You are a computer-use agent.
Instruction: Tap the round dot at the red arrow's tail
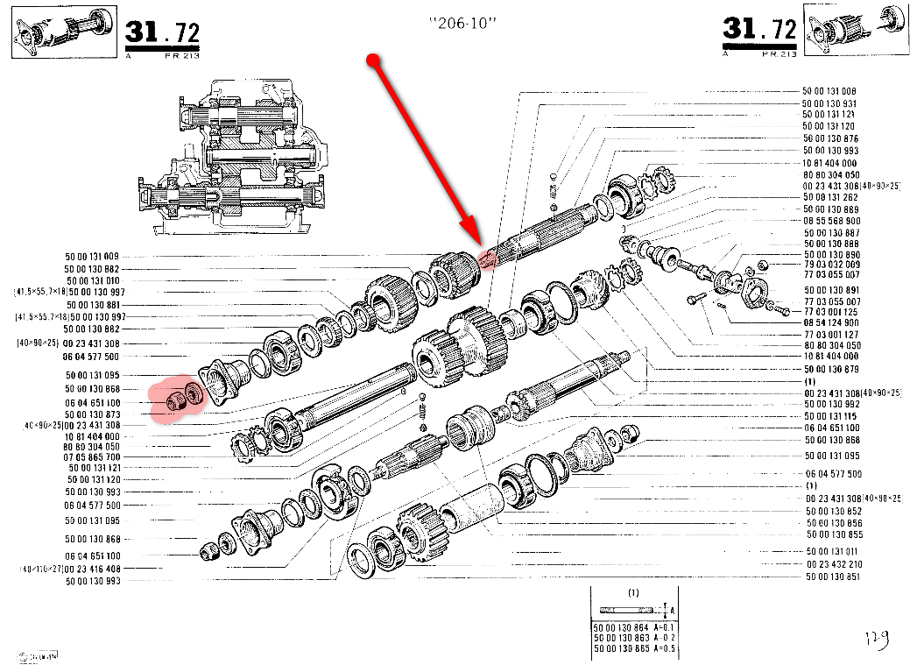[x=373, y=60]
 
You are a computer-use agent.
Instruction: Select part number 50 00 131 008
[x=829, y=91]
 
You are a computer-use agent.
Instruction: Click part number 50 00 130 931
[x=829, y=103]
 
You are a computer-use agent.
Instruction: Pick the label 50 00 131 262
[x=829, y=197]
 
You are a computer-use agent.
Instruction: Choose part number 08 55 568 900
[x=829, y=221]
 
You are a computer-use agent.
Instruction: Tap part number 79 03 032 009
[x=833, y=264]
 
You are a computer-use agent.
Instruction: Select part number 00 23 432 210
[x=834, y=564]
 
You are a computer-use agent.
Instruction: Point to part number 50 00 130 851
[x=834, y=577]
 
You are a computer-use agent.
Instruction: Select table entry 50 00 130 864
[x=621, y=628]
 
